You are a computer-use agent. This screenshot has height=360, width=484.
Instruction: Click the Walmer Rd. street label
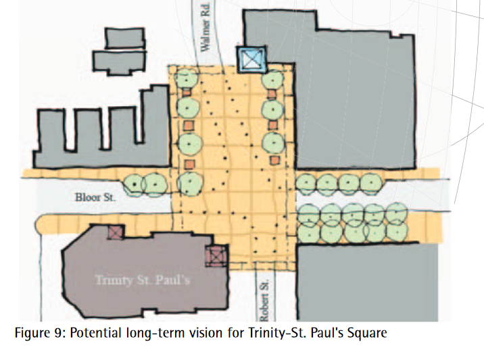point(205,27)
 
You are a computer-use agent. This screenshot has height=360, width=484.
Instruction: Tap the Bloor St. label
point(95,197)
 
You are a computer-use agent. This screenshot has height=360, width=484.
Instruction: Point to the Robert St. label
point(265,301)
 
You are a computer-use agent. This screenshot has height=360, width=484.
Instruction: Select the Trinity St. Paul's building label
point(143,280)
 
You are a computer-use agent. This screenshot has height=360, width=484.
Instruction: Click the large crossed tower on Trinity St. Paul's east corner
point(217,256)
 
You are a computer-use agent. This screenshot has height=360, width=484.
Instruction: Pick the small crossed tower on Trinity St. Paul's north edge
point(116,232)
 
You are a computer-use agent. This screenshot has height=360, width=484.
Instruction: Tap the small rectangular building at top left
point(124,38)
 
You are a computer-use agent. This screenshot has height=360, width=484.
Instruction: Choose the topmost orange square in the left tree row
point(187,92)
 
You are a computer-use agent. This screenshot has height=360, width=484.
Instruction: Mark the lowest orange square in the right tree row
point(274,160)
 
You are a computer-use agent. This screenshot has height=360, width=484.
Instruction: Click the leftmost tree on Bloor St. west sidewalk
point(135,184)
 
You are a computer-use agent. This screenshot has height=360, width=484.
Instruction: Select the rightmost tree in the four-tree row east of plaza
point(372,183)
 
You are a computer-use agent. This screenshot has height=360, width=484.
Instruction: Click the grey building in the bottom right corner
point(367,282)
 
